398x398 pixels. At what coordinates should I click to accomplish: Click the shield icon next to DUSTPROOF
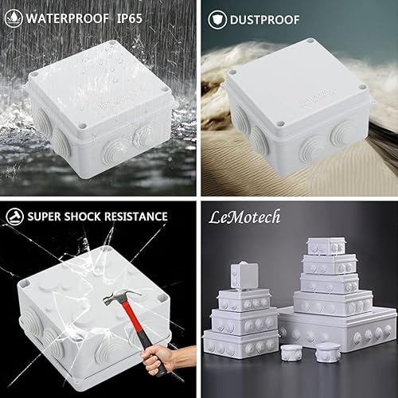[x=215, y=17]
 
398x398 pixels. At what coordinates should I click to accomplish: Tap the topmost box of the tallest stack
[x=327, y=244]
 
